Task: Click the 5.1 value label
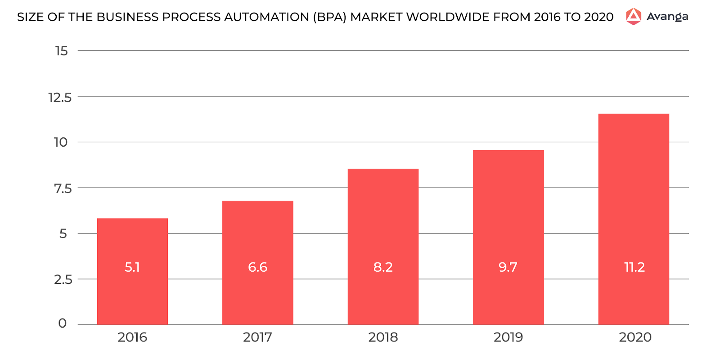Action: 132,267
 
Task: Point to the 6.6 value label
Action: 257,267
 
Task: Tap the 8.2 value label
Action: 383,267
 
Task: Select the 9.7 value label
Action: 508,267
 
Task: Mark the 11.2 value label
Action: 634,267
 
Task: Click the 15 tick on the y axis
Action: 62,51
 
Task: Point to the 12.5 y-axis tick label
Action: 60,97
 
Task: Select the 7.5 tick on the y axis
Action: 63,189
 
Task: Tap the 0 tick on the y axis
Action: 63,323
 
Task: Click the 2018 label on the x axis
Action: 383,337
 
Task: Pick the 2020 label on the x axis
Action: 634,337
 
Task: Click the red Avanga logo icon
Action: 634,17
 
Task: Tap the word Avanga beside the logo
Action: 667,17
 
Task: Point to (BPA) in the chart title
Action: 330,17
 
